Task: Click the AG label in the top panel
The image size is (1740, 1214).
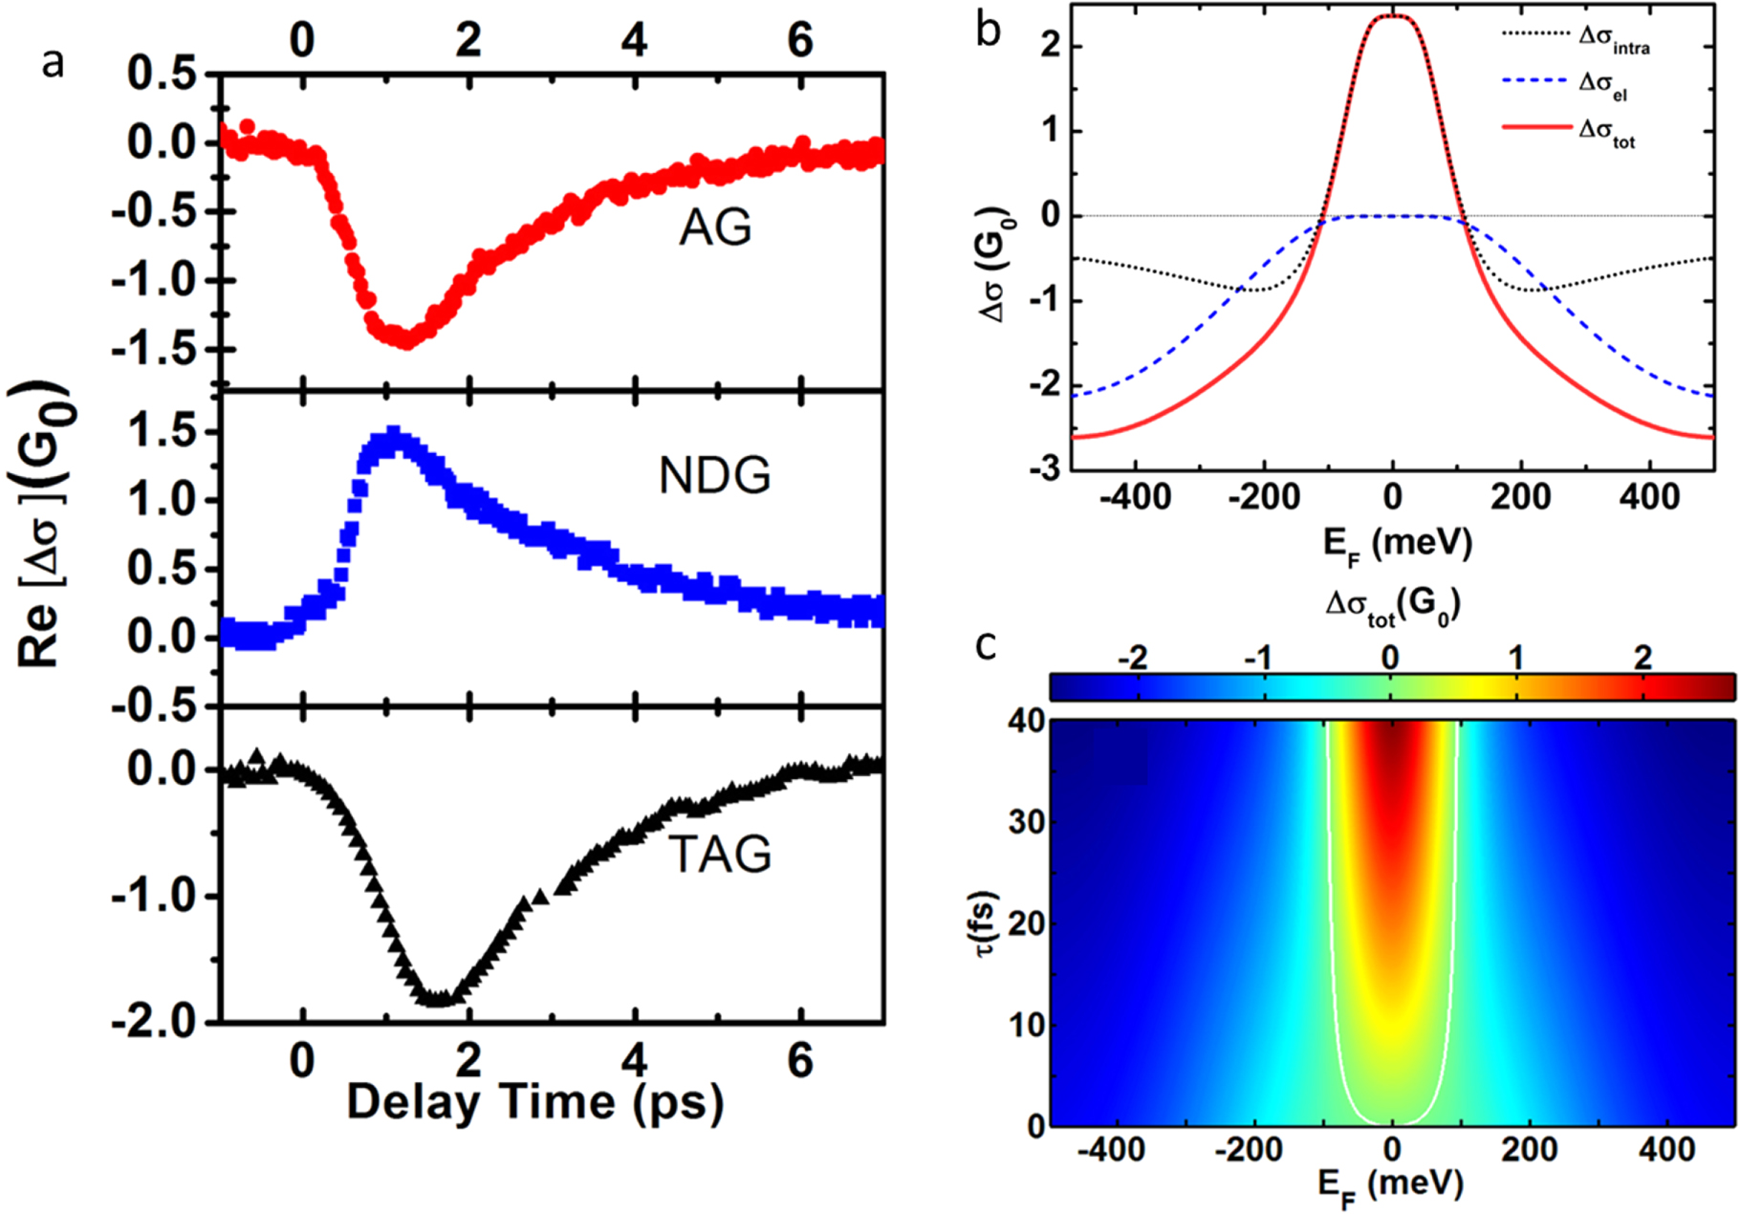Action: [x=715, y=228]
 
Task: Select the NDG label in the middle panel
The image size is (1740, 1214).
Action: [x=714, y=475]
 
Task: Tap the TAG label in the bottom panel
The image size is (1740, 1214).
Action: [x=720, y=854]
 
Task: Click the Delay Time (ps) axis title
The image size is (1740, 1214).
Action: [x=534, y=1101]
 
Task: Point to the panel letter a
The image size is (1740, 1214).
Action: [x=53, y=63]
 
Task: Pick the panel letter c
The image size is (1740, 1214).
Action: [x=986, y=646]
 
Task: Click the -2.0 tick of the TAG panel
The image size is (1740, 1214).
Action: [x=160, y=1022]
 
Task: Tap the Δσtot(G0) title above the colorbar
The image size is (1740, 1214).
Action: [x=1393, y=606]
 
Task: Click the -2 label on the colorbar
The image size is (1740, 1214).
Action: [x=1133, y=658]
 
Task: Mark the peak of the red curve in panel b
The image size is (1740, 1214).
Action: [x=1392, y=16]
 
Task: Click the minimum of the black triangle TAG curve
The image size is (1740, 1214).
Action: [x=437, y=998]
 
